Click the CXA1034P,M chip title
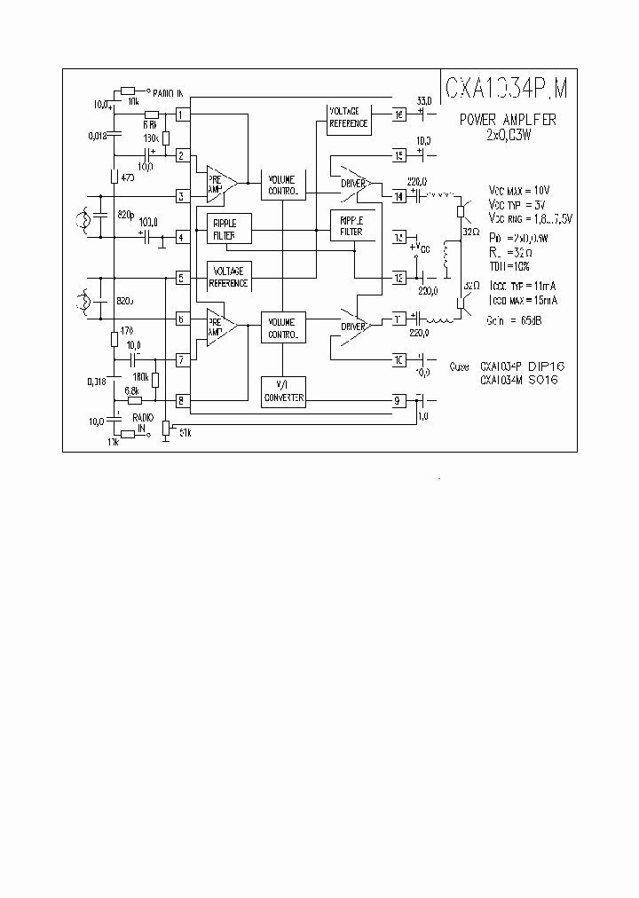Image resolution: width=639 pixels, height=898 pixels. pos(507,88)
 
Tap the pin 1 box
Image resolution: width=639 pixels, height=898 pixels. pos(181,114)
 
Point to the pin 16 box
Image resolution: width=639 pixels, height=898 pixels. pos(398,114)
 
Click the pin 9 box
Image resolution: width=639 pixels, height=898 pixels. pos(398,400)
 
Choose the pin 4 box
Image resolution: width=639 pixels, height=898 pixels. pos(181,237)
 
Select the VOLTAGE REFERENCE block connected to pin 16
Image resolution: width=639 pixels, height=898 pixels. pos(349,118)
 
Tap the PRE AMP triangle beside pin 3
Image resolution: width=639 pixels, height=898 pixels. pos(220,183)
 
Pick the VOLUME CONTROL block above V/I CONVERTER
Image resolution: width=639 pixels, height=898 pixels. pos(283,327)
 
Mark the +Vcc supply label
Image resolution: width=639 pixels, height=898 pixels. pos(421,248)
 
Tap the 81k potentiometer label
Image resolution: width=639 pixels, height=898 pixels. pos(185,432)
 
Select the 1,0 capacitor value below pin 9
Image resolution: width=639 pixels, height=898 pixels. pos(423,415)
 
